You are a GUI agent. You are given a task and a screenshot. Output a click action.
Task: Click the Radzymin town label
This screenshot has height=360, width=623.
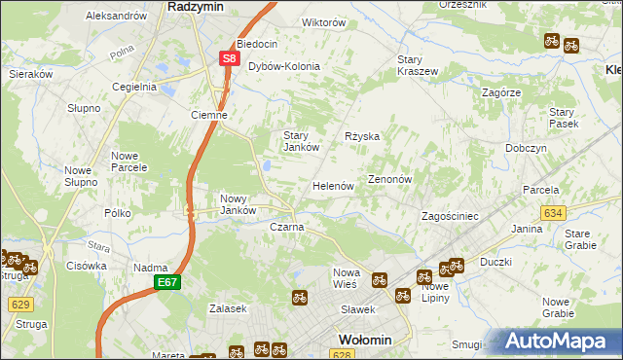tap(198, 6)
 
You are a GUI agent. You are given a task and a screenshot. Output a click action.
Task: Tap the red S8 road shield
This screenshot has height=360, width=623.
tap(229, 58)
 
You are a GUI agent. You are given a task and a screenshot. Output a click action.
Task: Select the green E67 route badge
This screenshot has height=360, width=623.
tap(166, 282)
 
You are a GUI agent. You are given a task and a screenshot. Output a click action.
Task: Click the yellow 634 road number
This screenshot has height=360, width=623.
tap(554, 212)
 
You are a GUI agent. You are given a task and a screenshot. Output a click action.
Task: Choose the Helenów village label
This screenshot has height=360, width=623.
tap(332, 186)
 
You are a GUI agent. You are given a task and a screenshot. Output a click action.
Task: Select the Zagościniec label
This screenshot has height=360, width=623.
tap(449, 216)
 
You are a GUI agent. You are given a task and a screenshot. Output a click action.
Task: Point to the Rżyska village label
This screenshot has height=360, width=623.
tap(362, 137)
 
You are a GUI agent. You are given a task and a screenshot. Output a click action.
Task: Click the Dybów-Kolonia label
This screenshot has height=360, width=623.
tap(284, 66)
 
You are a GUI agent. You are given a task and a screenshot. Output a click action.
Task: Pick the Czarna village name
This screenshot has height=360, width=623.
tap(287, 227)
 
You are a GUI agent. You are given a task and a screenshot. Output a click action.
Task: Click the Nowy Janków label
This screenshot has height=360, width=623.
tap(238, 203)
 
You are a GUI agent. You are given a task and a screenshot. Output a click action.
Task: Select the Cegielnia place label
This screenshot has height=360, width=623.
tap(134, 86)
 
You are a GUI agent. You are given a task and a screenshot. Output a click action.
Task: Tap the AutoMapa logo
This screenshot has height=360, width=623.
tap(557, 342)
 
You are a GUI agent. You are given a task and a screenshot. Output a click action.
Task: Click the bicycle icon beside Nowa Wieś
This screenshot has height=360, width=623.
tap(379, 279)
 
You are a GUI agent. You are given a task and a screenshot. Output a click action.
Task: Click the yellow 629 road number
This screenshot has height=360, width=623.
tap(20, 305)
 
